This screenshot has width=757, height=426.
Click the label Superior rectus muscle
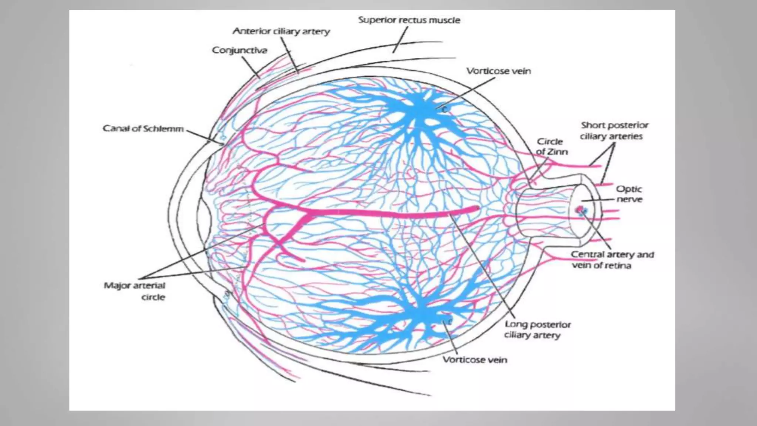click(x=409, y=20)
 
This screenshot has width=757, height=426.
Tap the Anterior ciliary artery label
click(x=281, y=31)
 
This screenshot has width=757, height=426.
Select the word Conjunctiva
click(x=240, y=50)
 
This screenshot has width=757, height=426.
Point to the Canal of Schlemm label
click(x=143, y=129)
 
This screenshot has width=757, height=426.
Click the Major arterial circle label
click(x=135, y=291)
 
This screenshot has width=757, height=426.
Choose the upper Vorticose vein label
click(x=498, y=71)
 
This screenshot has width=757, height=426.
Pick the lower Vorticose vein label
click(x=475, y=360)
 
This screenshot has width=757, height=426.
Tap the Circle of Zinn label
click(x=551, y=146)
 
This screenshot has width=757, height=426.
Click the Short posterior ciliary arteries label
click(x=614, y=131)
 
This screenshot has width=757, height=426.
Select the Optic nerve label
click(x=629, y=194)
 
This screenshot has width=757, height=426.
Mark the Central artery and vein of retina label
click(x=612, y=260)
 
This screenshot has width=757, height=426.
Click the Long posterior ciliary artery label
click(x=537, y=329)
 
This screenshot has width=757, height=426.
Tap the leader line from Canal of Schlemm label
click(x=204, y=136)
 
